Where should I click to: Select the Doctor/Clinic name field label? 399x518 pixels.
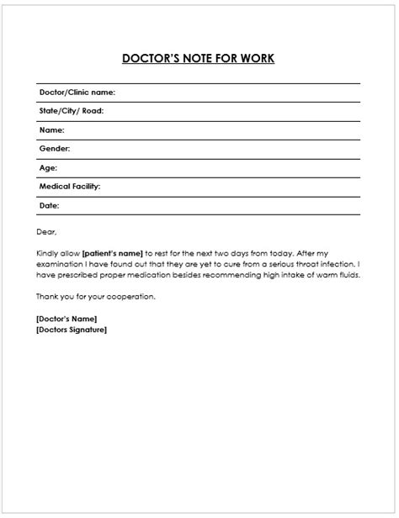[77, 92]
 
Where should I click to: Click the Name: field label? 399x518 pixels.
[52, 130]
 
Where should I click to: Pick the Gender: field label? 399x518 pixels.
[55, 149]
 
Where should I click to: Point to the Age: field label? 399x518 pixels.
[48, 167]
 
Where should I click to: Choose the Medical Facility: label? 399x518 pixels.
[70, 186]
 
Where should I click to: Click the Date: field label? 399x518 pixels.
[50, 205]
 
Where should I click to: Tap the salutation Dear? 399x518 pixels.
[46, 231]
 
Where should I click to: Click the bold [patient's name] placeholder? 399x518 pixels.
[112, 252]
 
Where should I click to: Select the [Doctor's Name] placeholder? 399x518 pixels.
[66, 319]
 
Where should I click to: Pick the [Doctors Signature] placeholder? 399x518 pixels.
[72, 329]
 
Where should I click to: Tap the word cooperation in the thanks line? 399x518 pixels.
[134, 296]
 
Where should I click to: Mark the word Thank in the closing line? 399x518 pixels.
[47, 296]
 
